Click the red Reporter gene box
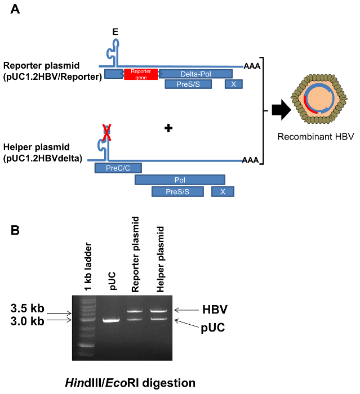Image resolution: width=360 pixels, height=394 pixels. point(141,74)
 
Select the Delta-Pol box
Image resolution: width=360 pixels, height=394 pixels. point(195,74)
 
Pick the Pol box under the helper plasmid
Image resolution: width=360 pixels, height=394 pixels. point(180,180)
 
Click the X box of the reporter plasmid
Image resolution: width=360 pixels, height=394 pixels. point(234,84)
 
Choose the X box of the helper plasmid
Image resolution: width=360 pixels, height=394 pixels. point(223,192)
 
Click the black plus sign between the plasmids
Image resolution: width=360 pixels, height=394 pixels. point(167,128)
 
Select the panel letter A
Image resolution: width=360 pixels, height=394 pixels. point(15,10)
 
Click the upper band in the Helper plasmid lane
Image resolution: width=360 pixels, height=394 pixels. point(159,310)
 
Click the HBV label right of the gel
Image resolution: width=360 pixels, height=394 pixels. point(215,309)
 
